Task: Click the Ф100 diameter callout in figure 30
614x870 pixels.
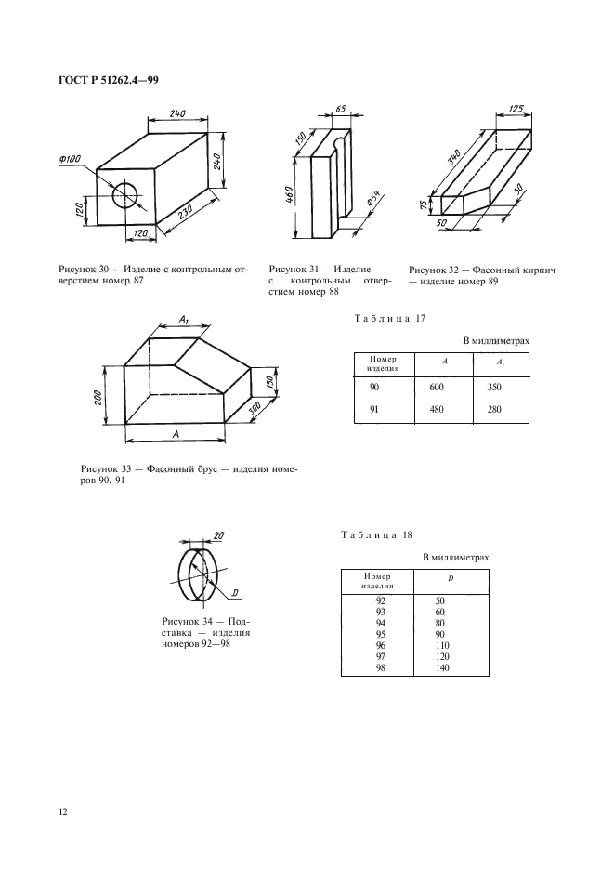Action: [69, 160]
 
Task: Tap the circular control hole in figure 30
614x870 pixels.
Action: [124, 195]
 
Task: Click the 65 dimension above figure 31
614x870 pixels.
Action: [339, 111]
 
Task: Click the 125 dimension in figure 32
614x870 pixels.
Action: [516, 111]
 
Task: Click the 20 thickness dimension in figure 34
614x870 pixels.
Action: [218, 536]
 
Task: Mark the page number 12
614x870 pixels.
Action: [63, 812]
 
